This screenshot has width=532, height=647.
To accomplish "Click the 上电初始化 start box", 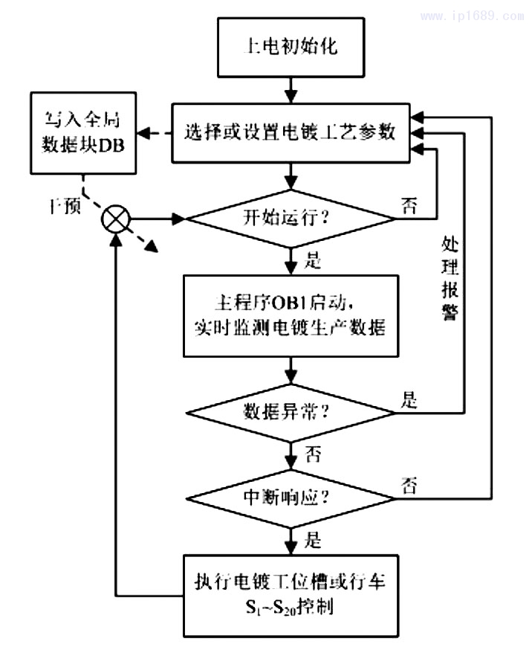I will click(291, 46).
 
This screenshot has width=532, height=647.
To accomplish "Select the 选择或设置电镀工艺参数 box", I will click(291, 134).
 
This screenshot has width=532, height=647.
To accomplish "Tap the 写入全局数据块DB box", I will click(82, 129).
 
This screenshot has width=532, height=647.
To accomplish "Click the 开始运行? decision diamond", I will click(291, 219).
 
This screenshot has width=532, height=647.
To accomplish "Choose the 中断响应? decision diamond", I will click(291, 498).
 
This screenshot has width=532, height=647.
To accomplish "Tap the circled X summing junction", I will click(117, 219).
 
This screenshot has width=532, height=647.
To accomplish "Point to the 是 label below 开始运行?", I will click(314, 260).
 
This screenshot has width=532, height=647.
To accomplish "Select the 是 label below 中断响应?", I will click(314, 539).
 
